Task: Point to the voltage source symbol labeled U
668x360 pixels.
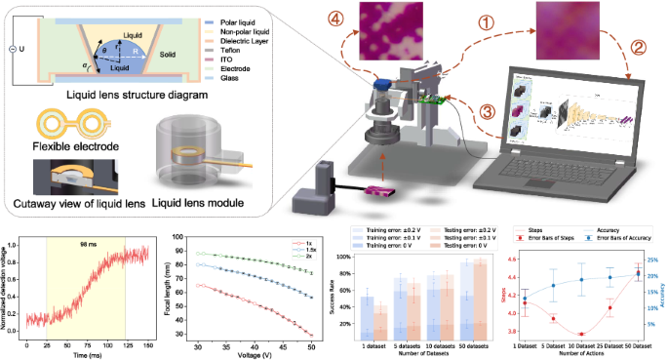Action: tap(13, 47)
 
